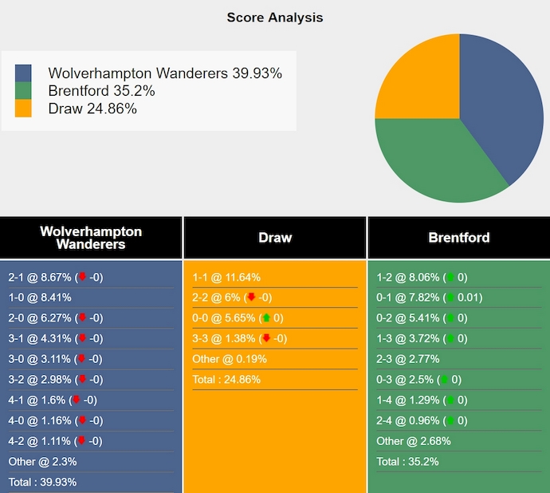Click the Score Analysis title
275,17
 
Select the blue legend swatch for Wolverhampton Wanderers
24,73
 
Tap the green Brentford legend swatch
24,91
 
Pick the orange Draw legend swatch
24,108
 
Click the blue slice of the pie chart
498,104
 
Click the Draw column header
275,238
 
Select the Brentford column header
458,238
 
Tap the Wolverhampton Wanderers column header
91,238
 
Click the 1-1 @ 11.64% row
226,278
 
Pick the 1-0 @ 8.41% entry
40,298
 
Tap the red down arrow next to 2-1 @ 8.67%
81,278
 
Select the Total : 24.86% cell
226,380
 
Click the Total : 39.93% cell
42,482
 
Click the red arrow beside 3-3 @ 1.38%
266,339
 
